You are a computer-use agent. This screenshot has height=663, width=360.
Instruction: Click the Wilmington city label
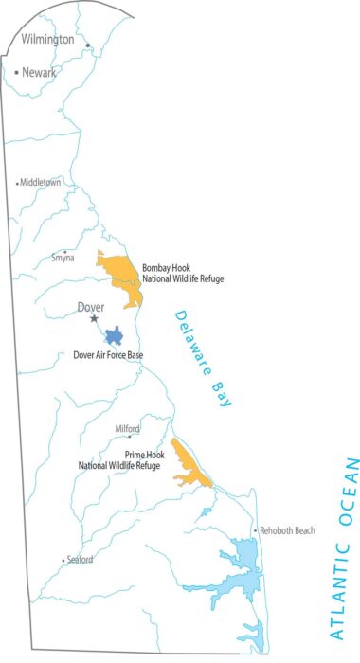coord(47,40)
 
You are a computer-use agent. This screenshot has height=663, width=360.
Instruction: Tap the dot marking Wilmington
coord(88,45)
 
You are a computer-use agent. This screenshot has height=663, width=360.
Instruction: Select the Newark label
coord(40,72)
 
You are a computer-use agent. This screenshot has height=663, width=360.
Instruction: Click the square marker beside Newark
coord(17,72)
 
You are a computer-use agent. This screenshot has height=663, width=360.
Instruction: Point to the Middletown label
coord(41,182)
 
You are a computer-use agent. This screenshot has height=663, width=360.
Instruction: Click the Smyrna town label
coord(63,257)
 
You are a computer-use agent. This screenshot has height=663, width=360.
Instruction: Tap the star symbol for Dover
coord(94,319)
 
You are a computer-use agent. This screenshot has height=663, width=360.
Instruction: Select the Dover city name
coord(90,307)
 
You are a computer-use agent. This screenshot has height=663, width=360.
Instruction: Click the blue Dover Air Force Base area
coord(115,335)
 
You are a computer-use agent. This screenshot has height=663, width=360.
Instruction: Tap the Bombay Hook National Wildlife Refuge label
coord(183,273)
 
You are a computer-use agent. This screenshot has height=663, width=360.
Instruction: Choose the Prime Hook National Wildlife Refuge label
coord(120,459)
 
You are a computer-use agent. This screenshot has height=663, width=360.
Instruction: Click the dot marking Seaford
coord(63,561)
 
